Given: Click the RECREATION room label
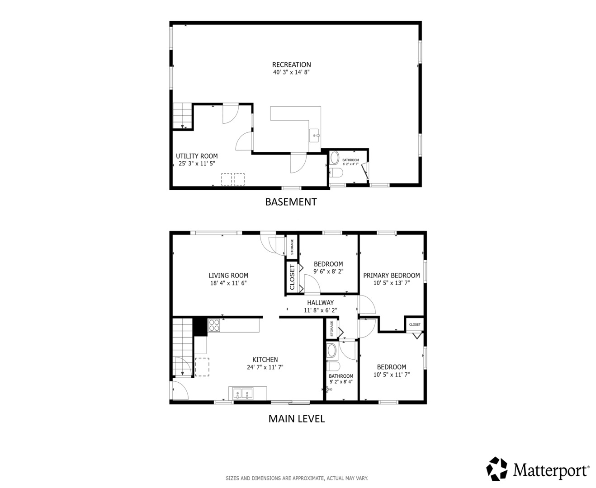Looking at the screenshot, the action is (291, 65).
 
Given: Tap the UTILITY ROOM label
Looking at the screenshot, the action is (197, 156).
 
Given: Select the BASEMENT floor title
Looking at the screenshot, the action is (291, 202).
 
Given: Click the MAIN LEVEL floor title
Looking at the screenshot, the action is (297, 418).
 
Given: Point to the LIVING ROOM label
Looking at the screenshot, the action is (228, 275).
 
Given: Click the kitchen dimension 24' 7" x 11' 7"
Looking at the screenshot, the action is (265, 367).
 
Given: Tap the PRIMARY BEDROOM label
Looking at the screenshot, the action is (392, 275).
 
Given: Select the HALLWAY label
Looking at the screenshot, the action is (321, 302).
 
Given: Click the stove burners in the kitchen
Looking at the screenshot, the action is (214, 325).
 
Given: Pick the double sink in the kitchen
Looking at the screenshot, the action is (243, 394).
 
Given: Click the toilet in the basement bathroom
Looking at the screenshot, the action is (336, 172).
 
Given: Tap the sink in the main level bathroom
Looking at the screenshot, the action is (329, 389).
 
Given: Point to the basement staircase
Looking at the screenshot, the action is (183, 116).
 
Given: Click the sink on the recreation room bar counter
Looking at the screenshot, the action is (315, 136).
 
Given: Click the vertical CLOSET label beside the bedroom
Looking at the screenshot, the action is (292, 277).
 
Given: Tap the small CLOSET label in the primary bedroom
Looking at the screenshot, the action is (415, 324).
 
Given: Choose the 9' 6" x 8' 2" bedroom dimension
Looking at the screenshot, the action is (328, 272).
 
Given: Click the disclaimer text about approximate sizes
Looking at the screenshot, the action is (297, 478).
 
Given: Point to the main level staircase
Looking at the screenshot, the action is (183, 347).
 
